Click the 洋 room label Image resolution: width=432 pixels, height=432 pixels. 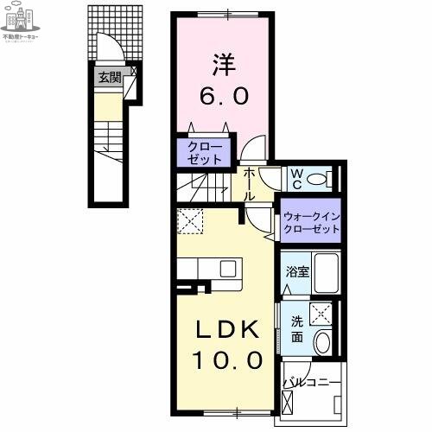[223, 65]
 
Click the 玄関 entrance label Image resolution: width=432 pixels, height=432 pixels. [109, 78]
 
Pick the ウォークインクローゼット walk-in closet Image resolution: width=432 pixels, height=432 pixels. [308, 221]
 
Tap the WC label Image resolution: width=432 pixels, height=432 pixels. [295, 179]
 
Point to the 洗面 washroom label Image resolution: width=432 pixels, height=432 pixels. [296, 327]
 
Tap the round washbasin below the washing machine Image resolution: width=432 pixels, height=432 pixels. [324, 341]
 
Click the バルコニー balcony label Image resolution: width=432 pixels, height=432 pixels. [312, 380]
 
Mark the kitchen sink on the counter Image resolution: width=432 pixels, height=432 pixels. [227, 268]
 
